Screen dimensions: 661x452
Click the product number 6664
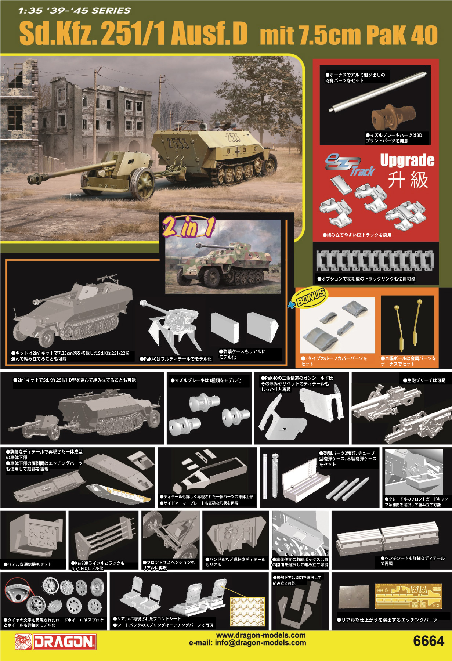(x=428, y=641)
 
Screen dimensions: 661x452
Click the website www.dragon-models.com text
(x=261, y=635)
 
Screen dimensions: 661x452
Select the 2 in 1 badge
(x=189, y=227)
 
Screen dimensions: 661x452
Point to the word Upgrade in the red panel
(x=407, y=160)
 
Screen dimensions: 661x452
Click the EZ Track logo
(x=349, y=165)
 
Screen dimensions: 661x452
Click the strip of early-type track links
(x=375, y=261)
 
